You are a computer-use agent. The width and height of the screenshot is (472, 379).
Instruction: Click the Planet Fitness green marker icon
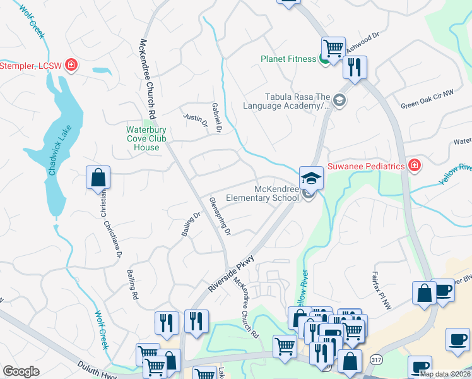click(324, 59)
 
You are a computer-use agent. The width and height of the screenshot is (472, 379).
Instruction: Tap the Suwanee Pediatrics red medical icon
click(414, 166)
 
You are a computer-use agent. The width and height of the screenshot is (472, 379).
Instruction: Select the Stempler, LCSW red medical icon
click(71, 65)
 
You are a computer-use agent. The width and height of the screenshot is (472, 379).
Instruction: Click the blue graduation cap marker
click(311, 177)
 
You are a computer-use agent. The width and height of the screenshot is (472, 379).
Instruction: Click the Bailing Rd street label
click(133, 279)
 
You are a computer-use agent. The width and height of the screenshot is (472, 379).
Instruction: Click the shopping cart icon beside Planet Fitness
click(333, 47)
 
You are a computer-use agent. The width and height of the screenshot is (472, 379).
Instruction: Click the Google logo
click(21, 371)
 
